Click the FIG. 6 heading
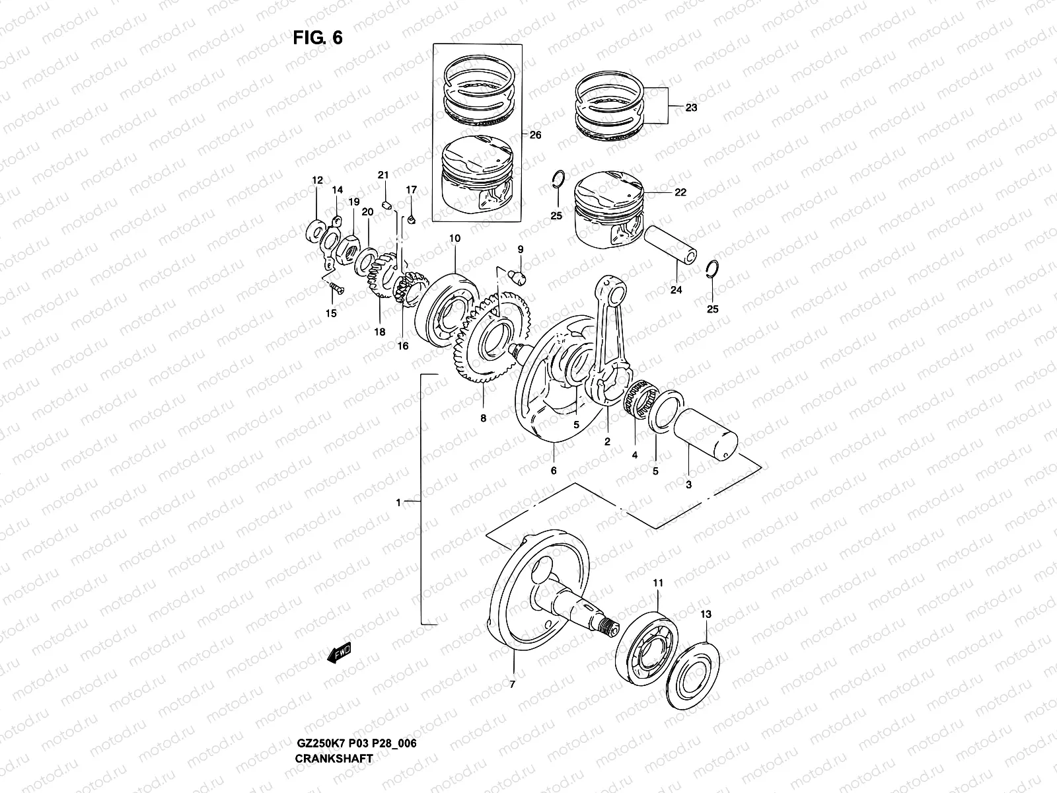[318, 38]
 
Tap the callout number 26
[535, 135]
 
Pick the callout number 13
[706, 614]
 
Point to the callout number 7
[512, 685]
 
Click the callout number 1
[398, 503]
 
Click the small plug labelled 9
[519, 276]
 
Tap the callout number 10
[455, 238]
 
